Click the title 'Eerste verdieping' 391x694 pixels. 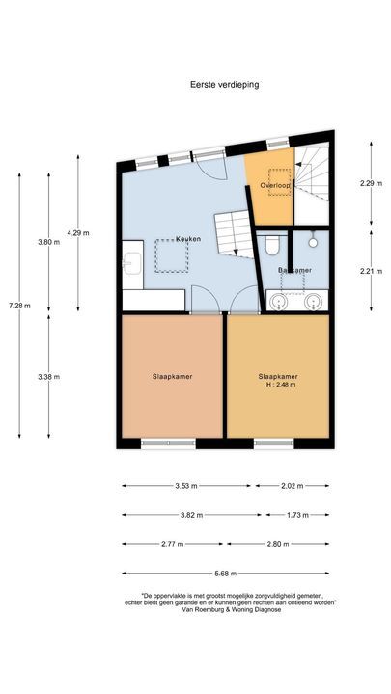pos(224,84)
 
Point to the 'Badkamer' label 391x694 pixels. pos(293,271)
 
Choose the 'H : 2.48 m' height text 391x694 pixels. pos(277,385)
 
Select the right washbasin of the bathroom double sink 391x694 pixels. pos(313,302)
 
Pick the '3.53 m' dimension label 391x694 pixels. pos(186,486)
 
